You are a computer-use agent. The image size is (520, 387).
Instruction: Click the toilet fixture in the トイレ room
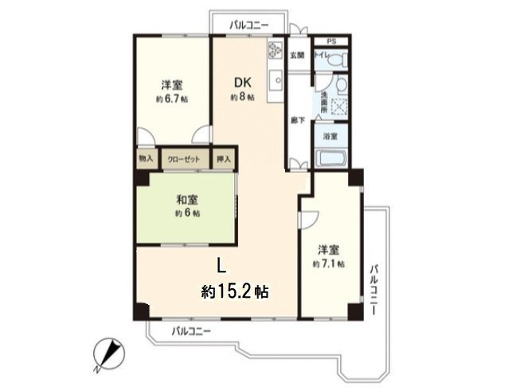click(342, 58)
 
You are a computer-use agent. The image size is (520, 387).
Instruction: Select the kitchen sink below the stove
click(276, 80)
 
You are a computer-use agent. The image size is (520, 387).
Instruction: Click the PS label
click(331, 40)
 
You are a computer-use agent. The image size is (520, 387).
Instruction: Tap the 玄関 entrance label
click(296, 55)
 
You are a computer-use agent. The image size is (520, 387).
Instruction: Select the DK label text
click(242, 81)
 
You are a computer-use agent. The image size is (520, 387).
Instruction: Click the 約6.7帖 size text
click(171, 100)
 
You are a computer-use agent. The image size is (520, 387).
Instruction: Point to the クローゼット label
click(184, 158)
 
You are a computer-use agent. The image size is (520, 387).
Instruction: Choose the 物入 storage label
click(145, 158)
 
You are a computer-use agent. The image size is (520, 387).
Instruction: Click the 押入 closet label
click(224, 158)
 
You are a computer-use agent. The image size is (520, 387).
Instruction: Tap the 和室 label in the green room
click(186, 199)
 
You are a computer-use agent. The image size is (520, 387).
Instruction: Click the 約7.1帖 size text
click(328, 263)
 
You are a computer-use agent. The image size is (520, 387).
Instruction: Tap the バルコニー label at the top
click(248, 25)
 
